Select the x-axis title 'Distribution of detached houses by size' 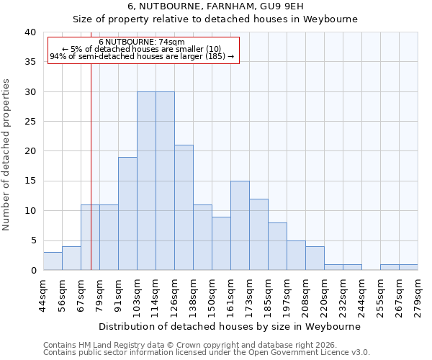pos(229,326)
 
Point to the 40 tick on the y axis pos(30,32)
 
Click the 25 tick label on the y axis pos(30,122)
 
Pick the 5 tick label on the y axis pos(33,240)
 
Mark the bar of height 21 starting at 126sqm pos(184,208)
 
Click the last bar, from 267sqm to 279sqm pos(408,267)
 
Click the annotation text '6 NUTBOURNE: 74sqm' pos(142,42)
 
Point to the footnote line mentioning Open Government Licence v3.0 pos(207,353)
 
